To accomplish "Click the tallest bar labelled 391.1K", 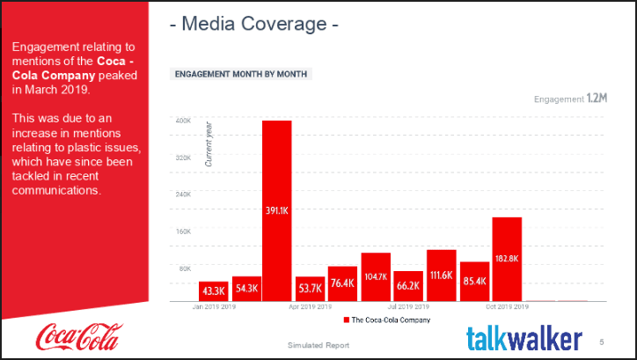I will coord(277,211).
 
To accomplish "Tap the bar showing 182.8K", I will coord(507,259).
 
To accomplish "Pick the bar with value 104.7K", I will coord(376,276).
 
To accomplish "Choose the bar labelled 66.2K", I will coord(408,285).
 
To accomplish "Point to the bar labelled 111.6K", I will coord(442,275).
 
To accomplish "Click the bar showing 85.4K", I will coord(474,281).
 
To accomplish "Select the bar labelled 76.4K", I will coord(343,283).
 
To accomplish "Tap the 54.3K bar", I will coord(246,288).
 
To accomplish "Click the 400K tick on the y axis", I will coord(183,121).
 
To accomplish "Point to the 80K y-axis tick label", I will coord(185,268).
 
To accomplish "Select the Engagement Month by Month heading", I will coord(240,74).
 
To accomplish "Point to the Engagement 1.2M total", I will coord(570,99).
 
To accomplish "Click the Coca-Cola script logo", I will coord(79,336).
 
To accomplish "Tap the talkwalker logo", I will coord(524,338).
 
